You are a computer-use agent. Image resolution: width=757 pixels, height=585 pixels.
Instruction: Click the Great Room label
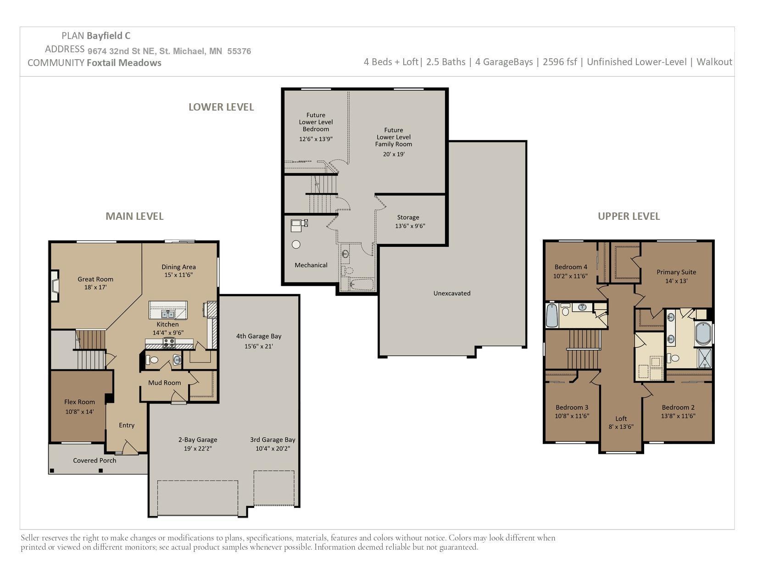95,279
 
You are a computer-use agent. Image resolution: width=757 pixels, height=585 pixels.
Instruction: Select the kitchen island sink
167,314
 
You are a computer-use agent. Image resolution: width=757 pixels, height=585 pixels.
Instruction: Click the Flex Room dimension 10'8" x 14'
79,412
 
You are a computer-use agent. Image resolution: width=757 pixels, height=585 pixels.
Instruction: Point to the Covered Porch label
95,460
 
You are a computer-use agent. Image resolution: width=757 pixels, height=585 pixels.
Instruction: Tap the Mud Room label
164,383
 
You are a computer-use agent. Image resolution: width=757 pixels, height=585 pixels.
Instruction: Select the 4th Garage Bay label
259,336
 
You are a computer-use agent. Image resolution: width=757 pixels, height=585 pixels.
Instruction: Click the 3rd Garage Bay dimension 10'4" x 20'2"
273,448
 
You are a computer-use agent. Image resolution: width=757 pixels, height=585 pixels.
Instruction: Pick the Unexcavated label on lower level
452,293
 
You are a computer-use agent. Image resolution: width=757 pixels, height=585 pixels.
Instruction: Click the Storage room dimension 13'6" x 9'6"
410,226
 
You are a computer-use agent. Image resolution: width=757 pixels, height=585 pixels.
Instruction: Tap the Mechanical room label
311,265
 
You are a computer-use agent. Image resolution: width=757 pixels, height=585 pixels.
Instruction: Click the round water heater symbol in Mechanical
296,245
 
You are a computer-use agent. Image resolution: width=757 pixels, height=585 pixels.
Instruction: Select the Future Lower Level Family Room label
394,137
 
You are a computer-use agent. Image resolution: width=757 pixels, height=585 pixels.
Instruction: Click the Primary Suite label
676,272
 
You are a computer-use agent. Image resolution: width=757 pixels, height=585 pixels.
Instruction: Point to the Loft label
621,418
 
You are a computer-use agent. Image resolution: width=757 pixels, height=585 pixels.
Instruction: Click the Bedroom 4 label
571,267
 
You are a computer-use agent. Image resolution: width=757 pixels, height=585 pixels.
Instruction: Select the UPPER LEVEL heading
629,216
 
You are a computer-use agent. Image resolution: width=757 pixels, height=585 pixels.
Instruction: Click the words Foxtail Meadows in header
124,63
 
